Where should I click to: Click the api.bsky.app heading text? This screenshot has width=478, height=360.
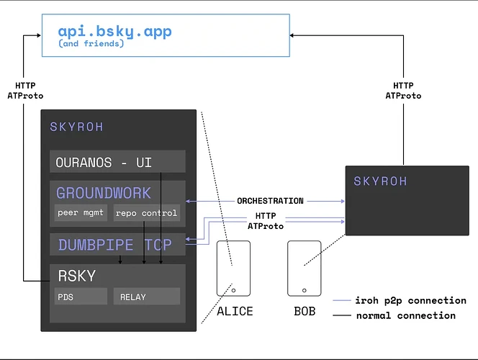[114, 31]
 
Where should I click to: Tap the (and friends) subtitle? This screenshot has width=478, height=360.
[91, 43]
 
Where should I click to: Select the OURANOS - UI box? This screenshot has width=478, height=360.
[117, 161]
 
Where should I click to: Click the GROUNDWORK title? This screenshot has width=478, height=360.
[104, 193]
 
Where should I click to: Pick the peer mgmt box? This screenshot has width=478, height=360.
[81, 212]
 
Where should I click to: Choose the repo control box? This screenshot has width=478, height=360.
[147, 212]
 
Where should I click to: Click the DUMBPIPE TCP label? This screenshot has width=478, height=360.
[115, 245]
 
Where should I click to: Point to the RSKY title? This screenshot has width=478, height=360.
[77, 276]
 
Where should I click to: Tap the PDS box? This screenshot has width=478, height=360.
[81, 297]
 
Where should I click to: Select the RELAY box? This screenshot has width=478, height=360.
[147, 297]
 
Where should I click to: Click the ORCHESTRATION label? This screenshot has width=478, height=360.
[270, 201]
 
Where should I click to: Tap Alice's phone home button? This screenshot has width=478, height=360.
[233, 290]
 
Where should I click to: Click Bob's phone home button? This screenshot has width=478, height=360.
[305, 290]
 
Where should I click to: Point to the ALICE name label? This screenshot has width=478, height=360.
[235, 311]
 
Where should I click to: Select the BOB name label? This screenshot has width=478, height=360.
[305, 311]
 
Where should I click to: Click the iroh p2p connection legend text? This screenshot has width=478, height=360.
[410, 300]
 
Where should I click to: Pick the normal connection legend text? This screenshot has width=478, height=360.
[406, 315]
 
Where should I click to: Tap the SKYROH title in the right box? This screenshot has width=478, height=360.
[380, 181]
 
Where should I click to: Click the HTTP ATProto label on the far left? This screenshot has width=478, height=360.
[25, 91]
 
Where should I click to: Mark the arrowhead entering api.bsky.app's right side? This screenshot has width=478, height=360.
[292, 35]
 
